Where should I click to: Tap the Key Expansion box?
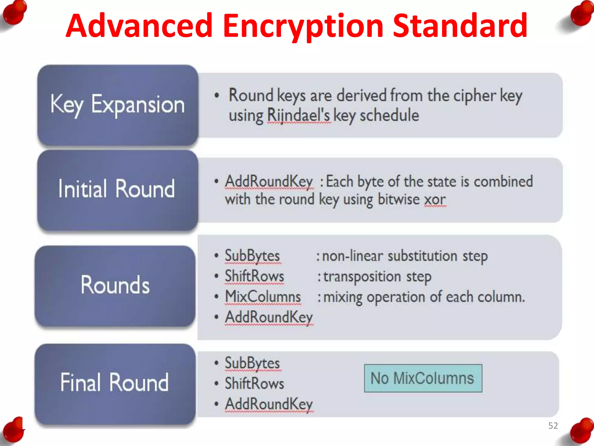pos(117,105)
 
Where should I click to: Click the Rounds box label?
pos(115,285)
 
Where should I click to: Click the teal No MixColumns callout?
pos(423,378)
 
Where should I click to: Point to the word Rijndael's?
pos(298,116)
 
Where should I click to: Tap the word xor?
pos(435,200)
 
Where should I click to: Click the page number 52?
pos(553,426)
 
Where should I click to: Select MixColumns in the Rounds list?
pos(263,297)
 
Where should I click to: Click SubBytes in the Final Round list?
pos(252,363)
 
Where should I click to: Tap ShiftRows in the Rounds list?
pos(254,276)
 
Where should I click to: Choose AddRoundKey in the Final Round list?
pos(269,404)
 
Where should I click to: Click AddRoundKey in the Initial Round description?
pos(269,182)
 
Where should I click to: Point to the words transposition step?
pos(377,277)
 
